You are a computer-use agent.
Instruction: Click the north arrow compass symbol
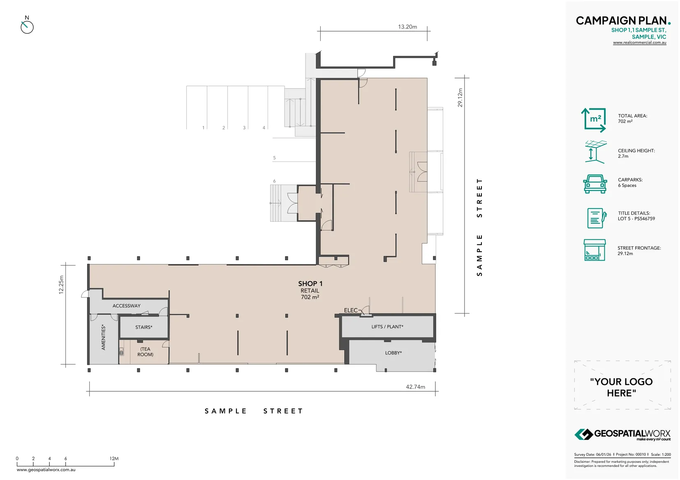tap(27, 26)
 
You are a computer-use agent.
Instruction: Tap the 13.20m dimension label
tap(407, 27)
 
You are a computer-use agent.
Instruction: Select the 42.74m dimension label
tap(415, 387)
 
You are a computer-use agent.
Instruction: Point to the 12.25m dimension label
tap(61, 285)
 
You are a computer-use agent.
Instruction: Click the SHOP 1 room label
tap(310, 284)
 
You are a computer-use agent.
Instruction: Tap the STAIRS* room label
tap(143, 327)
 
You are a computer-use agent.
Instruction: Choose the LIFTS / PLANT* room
tap(387, 327)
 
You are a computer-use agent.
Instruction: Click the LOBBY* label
tap(393, 353)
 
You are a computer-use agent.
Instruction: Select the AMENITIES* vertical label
tap(103, 338)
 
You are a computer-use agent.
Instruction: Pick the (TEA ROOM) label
tap(145, 352)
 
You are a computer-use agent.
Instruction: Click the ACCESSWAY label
tap(126, 306)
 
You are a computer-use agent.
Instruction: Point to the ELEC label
tap(350, 310)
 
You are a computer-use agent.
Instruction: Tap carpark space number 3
tap(244, 128)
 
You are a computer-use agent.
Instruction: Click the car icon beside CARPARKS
tap(594, 184)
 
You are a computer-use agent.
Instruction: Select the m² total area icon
tap(594, 119)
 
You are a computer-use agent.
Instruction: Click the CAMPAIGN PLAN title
tap(622, 21)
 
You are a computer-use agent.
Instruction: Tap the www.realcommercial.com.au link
tap(639, 43)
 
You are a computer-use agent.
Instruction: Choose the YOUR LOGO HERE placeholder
tap(621, 387)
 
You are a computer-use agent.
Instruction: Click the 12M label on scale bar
tap(114, 458)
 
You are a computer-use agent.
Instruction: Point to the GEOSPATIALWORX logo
tap(622, 434)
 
